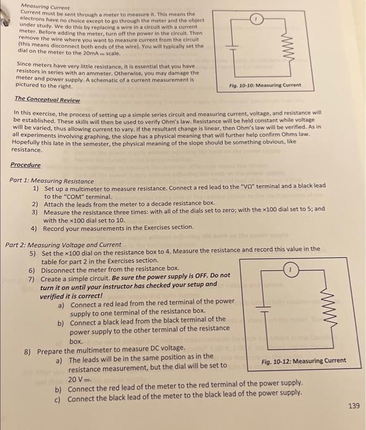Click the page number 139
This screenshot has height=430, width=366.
pos(352,406)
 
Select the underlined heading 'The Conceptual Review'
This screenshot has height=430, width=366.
pos(46,99)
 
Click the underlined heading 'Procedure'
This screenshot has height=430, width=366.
pos(25,165)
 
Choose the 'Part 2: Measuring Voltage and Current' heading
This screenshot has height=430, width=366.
pos(63,244)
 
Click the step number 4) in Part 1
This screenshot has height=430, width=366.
pos(35,228)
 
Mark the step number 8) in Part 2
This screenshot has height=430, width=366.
pos(28,351)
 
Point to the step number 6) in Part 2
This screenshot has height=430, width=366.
pos(32,268)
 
